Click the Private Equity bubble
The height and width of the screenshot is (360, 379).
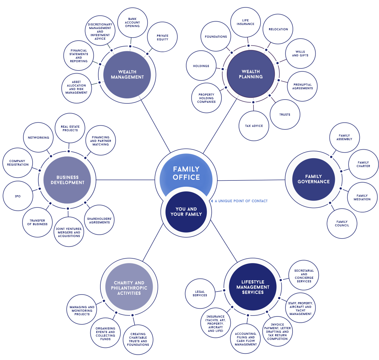pos(162,37)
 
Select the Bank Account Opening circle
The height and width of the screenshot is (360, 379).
pos(132,23)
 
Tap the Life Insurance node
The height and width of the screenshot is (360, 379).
pos(245,22)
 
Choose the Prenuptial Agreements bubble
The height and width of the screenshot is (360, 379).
pos(302,87)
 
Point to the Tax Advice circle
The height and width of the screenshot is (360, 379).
pos(254,126)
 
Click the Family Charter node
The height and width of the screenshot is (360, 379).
pos(363,164)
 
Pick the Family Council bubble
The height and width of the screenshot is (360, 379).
pos(342,223)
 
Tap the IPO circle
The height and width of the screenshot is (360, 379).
pos(18,196)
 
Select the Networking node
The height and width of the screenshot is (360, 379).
pos(38,137)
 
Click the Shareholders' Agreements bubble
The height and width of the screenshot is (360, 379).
pos(99,220)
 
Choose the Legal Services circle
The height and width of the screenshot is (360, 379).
pos(200,293)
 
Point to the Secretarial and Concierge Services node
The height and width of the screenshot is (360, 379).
pos(304,276)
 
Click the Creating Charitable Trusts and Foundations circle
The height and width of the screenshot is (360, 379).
pos(138,340)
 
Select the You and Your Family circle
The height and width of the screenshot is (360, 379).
pos(186,212)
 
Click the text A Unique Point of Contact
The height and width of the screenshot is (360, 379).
pos(241,201)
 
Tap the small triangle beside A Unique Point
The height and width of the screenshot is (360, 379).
pos(212,201)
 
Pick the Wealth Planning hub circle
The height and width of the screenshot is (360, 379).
pos(251,74)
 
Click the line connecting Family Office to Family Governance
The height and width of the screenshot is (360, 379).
pos(252,180)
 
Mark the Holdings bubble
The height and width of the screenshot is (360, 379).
pos(201,66)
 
